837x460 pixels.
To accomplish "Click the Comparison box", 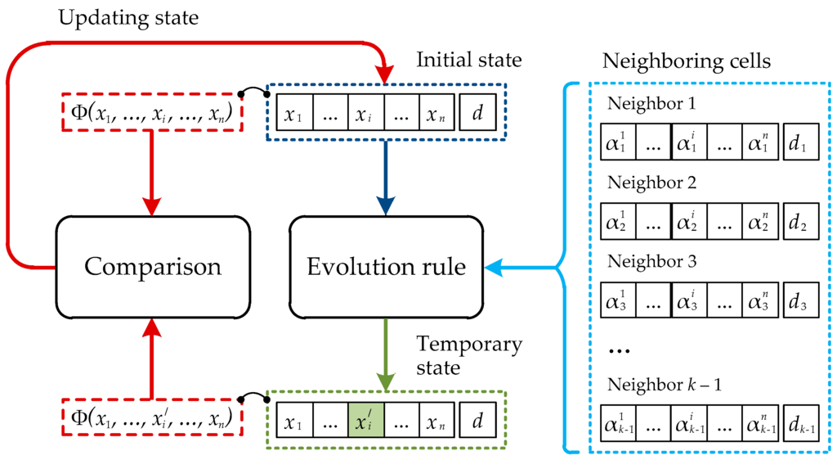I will point(153,267).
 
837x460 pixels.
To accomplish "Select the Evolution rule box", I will point(386,267).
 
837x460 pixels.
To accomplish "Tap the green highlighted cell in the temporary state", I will point(366,423).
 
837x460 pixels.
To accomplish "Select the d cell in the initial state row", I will point(477,114).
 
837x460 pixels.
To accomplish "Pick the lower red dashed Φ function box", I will point(152,418).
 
